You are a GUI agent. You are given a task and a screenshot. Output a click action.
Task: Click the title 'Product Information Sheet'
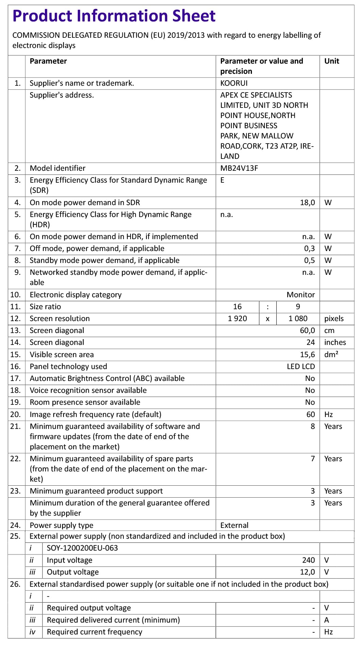[114, 16]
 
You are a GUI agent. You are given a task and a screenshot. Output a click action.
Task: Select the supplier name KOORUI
[234, 83]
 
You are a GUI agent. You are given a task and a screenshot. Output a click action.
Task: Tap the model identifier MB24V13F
[239, 168]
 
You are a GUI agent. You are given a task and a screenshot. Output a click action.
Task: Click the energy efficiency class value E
[222, 180]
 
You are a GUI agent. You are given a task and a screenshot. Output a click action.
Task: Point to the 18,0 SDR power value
[307, 203]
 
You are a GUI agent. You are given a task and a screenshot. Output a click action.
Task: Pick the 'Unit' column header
[331, 61]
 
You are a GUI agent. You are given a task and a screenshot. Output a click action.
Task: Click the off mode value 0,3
[309, 249]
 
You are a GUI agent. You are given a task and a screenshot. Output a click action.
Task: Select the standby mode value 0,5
[309, 261]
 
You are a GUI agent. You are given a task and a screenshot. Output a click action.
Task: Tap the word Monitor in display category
[301, 295]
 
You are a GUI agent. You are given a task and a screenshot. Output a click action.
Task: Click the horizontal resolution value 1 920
[237, 319]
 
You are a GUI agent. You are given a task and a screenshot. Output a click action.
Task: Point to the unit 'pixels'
[334, 319]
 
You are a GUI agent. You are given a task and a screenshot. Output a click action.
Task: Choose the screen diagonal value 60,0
[307, 331]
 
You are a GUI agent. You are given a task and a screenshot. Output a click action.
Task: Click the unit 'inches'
[335, 343]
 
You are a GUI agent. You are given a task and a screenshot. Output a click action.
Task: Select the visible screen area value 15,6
[307, 355]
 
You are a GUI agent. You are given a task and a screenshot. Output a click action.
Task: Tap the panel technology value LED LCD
[301, 367]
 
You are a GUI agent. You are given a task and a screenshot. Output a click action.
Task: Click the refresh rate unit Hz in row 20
[328, 415]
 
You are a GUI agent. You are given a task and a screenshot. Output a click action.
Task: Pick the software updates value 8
[313, 427]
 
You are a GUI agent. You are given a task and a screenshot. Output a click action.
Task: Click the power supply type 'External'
[234, 526]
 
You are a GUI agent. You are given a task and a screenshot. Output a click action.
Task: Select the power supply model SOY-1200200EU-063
[82, 548]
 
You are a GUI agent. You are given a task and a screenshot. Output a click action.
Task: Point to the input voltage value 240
[308, 560]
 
